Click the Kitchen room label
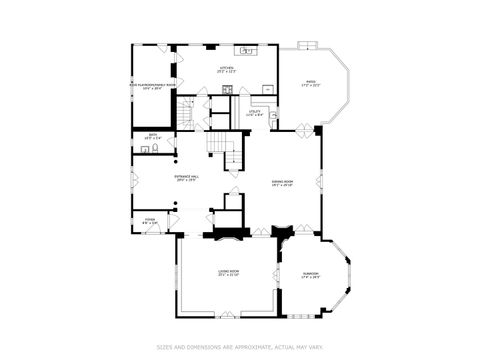pos(227,70)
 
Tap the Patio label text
pos(310,84)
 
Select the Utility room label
pos(254,112)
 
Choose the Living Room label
pos(228,272)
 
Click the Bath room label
pos(153,136)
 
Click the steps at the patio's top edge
pos(308,46)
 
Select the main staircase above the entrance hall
pos(229,153)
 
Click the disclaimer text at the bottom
pos(240,347)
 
